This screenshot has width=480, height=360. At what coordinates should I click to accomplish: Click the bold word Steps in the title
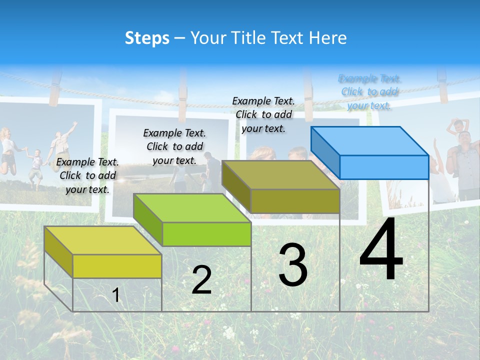tap(147, 38)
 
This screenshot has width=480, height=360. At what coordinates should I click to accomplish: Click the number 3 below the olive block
tap(293, 265)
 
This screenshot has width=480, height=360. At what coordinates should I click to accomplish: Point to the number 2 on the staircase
tap(201, 280)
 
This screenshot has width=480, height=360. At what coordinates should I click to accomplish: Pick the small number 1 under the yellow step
tap(116, 295)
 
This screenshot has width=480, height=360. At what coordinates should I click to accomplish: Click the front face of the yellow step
tap(117, 266)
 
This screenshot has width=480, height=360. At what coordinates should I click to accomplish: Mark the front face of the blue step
tap(384, 167)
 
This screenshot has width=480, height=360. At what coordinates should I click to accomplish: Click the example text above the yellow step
tap(87, 175)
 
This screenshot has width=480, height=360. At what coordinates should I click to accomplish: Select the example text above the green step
tap(174, 146)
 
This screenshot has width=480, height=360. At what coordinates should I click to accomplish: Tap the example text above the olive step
tap(263, 114)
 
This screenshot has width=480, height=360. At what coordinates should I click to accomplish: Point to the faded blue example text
tap(369, 92)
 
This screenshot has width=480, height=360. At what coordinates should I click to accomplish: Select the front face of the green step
tap(206, 234)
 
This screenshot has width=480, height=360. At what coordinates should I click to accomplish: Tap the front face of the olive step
tap(295, 201)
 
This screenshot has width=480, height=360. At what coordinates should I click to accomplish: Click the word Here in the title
tap(328, 38)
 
